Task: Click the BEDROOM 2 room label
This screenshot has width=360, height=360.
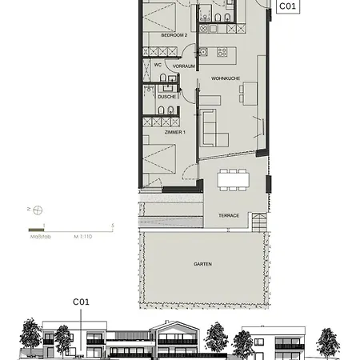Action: (x=174, y=36)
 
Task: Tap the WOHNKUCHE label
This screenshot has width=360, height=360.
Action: (x=226, y=78)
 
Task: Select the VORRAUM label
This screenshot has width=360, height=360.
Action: (x=184, y=66)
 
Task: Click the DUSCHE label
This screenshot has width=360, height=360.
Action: (x=166, y=97)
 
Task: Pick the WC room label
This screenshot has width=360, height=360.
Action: (x=158, y=65)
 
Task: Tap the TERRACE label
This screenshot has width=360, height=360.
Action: (x=230, y=215)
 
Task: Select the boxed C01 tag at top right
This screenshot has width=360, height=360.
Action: (x=289, y=6)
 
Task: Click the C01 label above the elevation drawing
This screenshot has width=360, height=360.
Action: (x=81, y=302)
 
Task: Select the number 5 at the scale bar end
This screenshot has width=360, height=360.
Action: (x=113, y=226)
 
